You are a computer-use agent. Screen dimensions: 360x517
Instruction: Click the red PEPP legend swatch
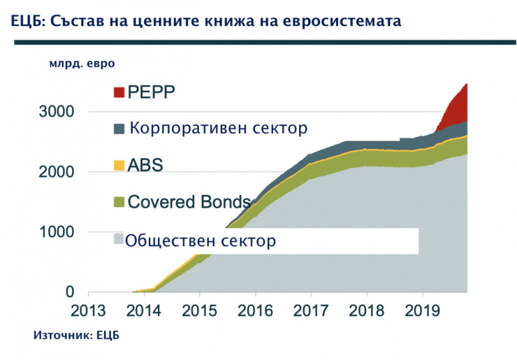[119, 92]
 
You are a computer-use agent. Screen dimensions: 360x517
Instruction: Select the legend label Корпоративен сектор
[218, 129]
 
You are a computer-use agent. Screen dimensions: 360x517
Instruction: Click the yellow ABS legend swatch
[119, 166]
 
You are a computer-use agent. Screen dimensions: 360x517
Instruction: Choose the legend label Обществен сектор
[201, 241]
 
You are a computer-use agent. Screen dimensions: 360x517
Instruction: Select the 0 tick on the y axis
[70, 292]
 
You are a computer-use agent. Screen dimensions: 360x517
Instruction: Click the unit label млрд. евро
[81, 64]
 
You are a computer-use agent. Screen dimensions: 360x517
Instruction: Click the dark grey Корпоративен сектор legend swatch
[119, 129]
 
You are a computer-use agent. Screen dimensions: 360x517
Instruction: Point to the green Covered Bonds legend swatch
[119, 202]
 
